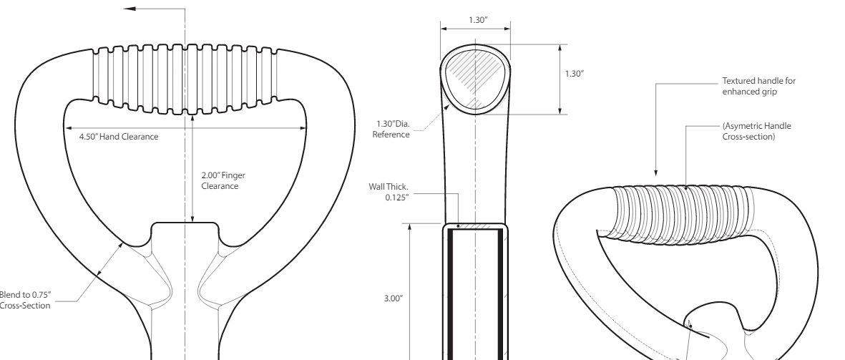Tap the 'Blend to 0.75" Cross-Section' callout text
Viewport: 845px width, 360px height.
coord(25,301)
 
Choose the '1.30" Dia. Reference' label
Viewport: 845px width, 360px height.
coord(393,128)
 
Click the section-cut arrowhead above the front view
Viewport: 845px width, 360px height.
coord(129,9)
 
